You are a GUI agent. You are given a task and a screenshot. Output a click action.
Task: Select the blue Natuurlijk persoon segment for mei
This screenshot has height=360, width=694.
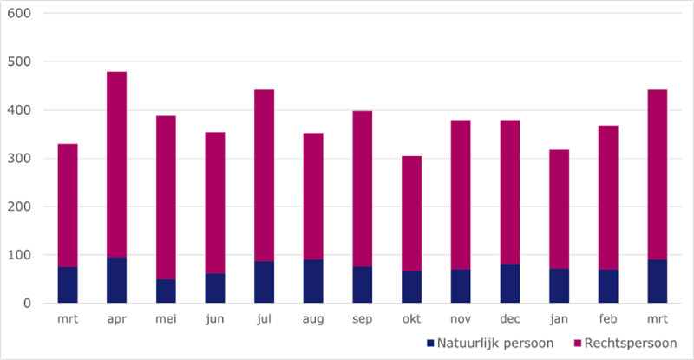(x=166, y=291)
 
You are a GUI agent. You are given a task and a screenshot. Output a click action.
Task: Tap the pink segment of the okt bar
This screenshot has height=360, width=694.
(x=412, y=213)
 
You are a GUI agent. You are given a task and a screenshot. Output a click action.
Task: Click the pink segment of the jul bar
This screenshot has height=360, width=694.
(x=264, y=168)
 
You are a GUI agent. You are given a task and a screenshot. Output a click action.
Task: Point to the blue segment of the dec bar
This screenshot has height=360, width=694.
(x=510, y=284)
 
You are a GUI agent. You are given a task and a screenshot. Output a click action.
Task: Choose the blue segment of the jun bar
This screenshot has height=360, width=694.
(x=215, y=289)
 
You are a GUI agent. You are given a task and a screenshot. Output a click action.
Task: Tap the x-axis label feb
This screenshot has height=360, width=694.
(x=609, y=319)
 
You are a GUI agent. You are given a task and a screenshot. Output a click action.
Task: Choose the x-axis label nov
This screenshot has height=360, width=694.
(x=461, y=319)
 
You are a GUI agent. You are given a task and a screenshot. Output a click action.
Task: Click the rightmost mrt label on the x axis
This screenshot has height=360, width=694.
(x=658, y=319)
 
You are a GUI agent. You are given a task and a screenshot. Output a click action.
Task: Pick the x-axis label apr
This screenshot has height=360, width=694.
(x=116, y=319)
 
